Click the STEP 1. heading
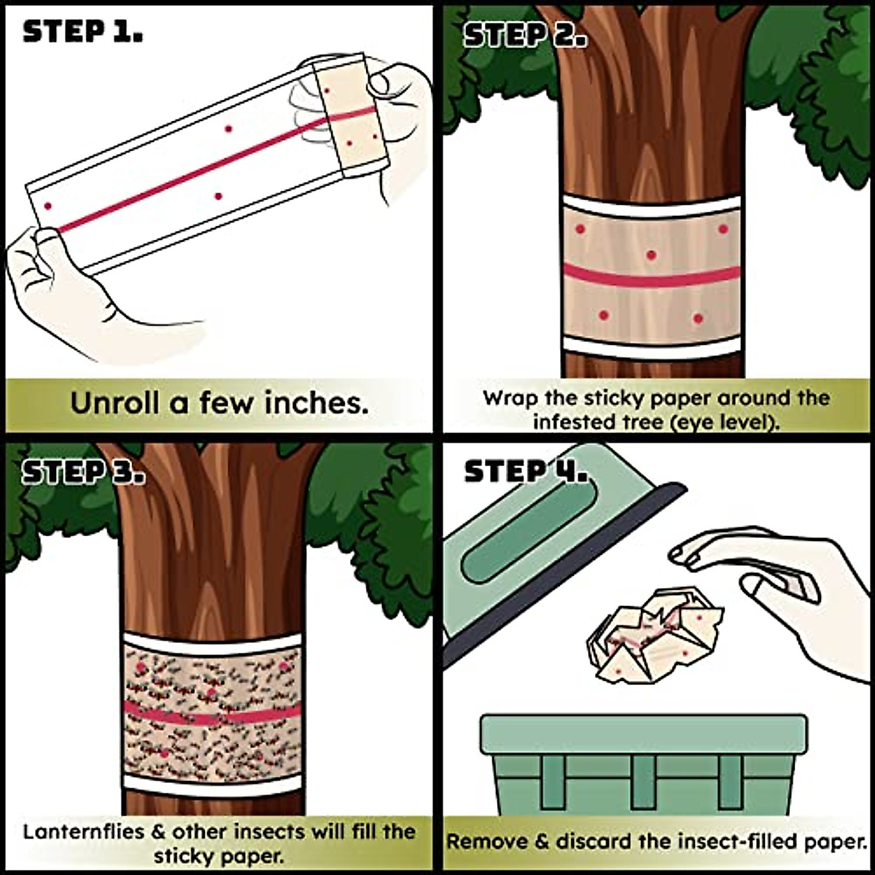click(x=82, y=31)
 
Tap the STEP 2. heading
click(x=525, y=35)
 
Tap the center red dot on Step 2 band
click(x=651, y=255)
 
